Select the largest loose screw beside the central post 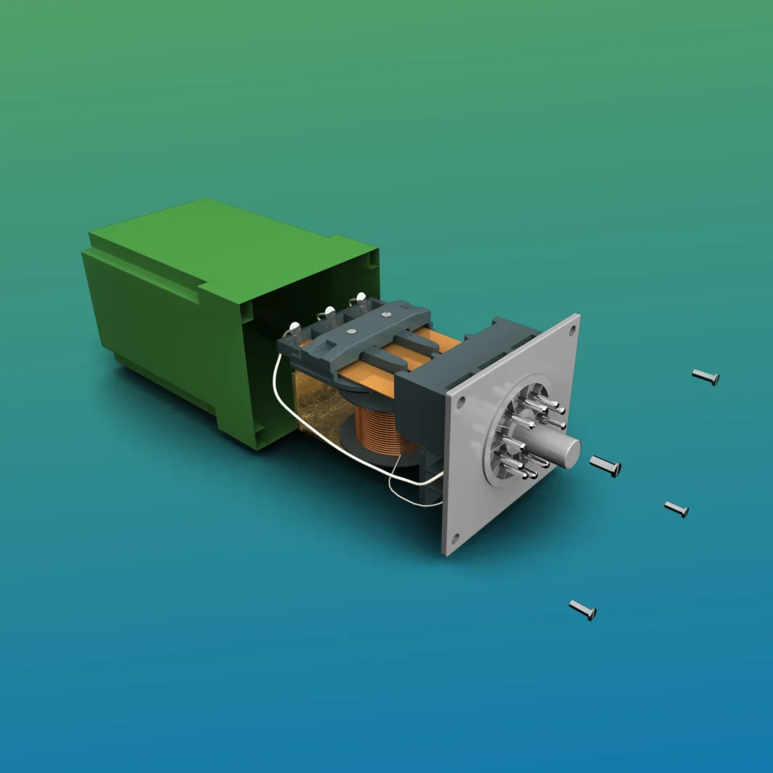coord(605,466)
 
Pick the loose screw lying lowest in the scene coord(583,610)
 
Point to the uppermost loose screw coord(705,376)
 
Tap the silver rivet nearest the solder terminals coord(352,332)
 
